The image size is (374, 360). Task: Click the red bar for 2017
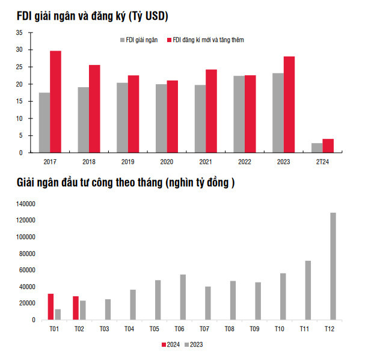[55, 102]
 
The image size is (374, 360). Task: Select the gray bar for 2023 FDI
[278, 113]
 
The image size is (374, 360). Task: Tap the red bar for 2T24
[328, 145]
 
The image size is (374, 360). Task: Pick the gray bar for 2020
[161, 118]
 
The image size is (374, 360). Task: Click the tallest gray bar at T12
[333, 266]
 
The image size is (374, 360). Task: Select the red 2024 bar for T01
[51, 307]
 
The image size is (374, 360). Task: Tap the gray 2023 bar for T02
[82, 310]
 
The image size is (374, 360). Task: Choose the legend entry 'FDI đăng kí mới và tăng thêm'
[207, 40]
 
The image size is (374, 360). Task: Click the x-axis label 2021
[205, 162]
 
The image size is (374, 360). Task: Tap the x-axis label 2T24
[322, 162]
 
